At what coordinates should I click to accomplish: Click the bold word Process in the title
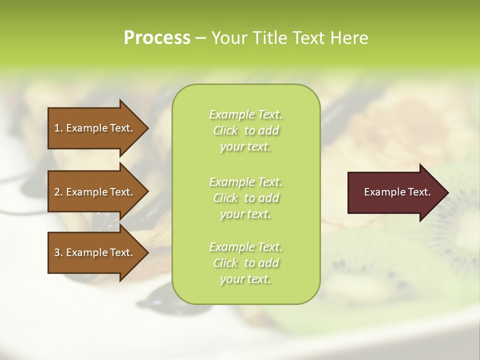coord(157,37)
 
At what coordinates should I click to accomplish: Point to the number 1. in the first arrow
coord(58,128)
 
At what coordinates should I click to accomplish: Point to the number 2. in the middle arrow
coord(58,192)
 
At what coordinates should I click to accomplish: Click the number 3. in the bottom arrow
coord(58,252)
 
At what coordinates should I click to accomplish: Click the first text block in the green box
coord(245,130)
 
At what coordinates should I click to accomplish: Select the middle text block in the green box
coord(245,197)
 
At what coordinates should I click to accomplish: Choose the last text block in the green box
coord(245,263)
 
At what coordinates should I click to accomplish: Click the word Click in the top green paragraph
coord(225,130)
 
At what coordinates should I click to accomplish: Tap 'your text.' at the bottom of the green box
coord(245,279)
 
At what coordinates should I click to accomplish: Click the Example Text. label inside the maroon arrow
coord(397,192)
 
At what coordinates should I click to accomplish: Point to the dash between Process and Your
coord(201,38)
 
